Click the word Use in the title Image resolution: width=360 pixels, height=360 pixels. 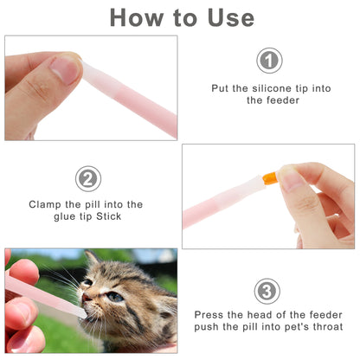[231, 18]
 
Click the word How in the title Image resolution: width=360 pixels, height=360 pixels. [136, 18]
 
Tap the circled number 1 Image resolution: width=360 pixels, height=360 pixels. [269, 61]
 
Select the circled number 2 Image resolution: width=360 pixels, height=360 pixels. [88, 178]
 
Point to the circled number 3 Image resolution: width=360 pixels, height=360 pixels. [267, 291]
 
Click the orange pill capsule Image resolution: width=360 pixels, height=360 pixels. [269, 177]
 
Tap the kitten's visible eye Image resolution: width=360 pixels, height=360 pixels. [115, 297]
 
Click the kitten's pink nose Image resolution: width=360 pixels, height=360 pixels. [86, 297]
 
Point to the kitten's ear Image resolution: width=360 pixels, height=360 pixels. [93, 259]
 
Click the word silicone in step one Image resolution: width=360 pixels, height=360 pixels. [272, 88]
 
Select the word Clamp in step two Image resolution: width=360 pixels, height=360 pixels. [45, 205]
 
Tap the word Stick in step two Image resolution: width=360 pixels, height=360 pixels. [109, 216]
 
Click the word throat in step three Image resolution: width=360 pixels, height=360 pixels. [328, 327]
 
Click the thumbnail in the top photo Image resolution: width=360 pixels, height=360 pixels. [65, 69]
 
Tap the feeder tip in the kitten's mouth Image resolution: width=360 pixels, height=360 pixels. [81, 313]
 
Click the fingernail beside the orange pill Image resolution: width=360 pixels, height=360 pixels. [291, 179]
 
